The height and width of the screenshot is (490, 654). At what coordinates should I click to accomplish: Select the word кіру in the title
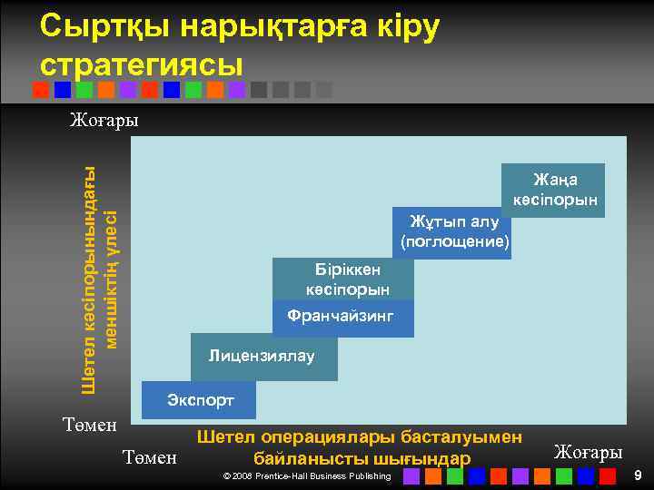405,27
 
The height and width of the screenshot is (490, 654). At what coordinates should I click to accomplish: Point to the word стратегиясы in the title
142,64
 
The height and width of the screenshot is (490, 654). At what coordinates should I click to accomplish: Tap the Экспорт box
200,399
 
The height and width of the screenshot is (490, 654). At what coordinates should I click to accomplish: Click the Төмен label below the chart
149,457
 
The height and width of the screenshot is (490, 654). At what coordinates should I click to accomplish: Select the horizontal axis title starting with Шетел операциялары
360,447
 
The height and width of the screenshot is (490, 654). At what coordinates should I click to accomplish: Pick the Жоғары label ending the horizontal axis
588,452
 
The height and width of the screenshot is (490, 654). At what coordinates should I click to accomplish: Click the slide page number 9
638,475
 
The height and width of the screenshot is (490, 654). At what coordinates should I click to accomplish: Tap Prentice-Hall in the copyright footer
292,476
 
